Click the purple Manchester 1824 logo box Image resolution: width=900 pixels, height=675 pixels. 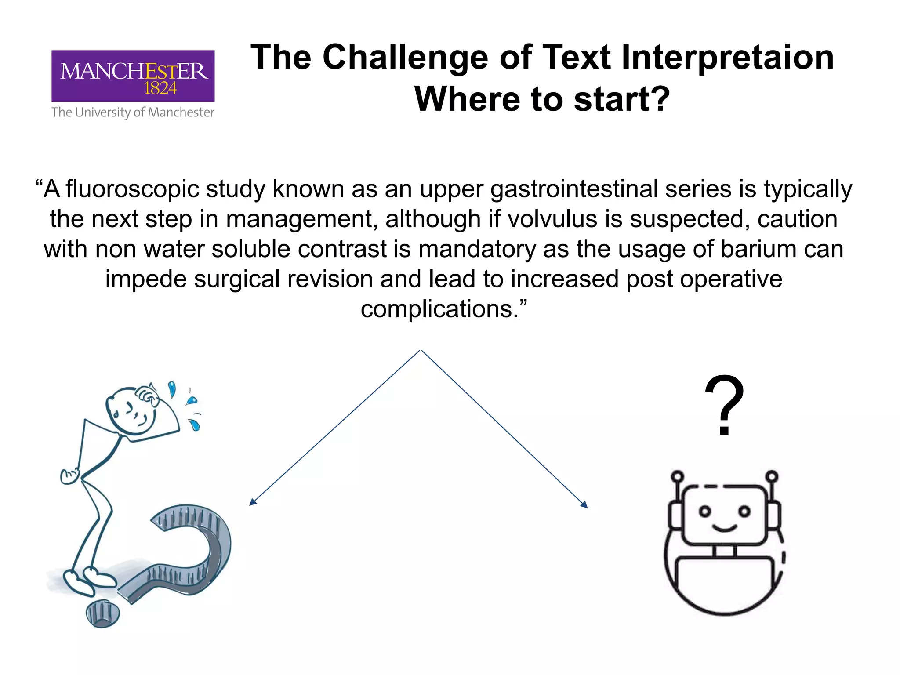click(x=133, y=76)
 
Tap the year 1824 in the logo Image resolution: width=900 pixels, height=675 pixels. click(x=160, y=89)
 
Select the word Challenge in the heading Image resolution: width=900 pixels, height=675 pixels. click(x=405, y=58)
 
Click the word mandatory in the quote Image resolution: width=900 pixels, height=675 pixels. click(x=477, y=249)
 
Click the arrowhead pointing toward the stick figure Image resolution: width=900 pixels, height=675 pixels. click(x=252, y=502)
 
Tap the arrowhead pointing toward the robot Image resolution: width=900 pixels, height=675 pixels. click(x=584, y=505)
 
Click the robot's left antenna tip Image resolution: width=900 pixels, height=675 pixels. click(x=677, y=476)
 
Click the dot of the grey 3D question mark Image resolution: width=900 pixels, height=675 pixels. click(x=103, y=613)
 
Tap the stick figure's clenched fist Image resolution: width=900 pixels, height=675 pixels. click(x=69, y=476)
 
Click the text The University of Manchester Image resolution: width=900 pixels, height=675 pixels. click(x=133, y=113)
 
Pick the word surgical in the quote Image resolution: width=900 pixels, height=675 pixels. click(x=237, y=279)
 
